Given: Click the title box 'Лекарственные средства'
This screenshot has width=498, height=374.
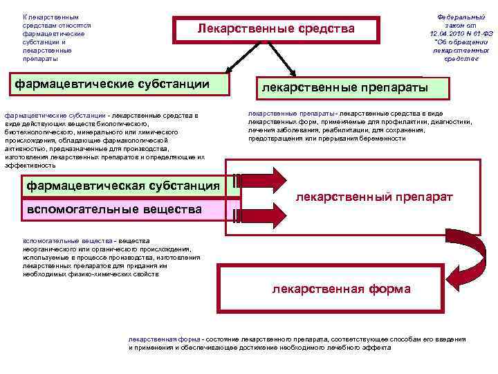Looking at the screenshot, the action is click(x=275, y=29).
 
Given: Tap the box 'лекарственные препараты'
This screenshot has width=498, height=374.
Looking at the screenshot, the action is click(x=353, y=88).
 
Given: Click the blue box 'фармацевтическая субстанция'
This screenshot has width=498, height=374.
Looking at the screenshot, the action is click(x=122, y=186).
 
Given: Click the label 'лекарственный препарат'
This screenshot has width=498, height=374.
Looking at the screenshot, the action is click(x=373, y=197).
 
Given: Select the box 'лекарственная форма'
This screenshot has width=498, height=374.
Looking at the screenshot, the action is click(x=341, y=289).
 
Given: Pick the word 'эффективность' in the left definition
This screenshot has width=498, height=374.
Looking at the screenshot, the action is click(x=30, y=166).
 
